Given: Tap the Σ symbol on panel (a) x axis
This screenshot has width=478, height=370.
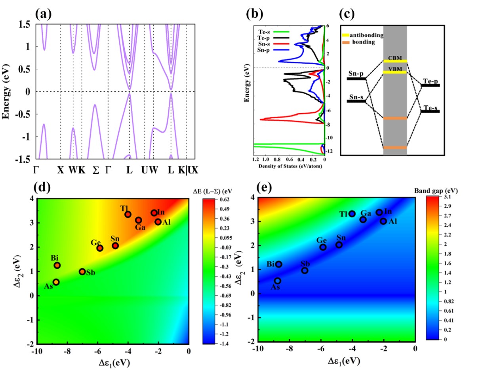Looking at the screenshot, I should [95, 170].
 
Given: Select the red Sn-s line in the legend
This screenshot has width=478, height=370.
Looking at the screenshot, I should [280, 44].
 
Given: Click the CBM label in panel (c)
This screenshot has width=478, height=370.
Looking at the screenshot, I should [395, 58].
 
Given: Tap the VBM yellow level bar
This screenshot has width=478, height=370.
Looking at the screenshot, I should [395, 72].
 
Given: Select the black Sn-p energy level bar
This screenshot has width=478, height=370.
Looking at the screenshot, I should [356, 79].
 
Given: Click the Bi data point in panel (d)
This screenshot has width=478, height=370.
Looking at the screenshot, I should [57, 265].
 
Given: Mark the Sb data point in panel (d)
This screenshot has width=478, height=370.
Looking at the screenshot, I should [82, 271].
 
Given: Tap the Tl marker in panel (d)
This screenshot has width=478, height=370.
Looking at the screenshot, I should [128, 214].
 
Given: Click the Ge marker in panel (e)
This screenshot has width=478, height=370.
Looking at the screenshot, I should [323, 247].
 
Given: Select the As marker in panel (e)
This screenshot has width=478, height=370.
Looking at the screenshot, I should [278, 281].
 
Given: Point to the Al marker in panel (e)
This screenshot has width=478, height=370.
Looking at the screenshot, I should [383, 221].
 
